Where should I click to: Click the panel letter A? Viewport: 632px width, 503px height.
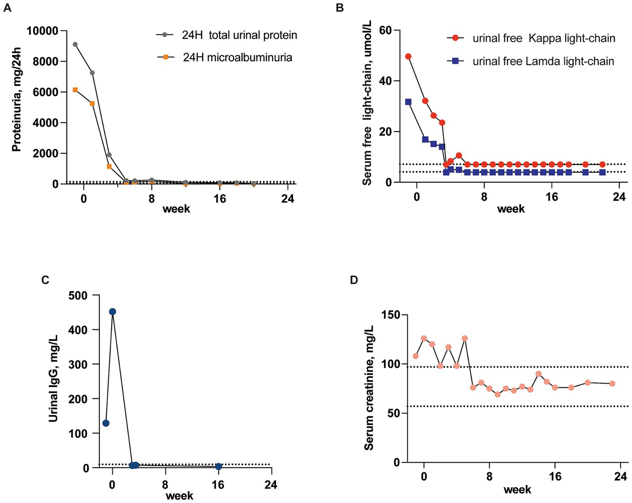tap(7, 8)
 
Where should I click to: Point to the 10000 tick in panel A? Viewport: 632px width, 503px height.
tap(42, 31)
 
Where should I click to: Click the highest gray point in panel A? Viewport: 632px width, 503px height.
tap(75, 44)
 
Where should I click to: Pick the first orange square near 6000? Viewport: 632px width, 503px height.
tap(75, 89)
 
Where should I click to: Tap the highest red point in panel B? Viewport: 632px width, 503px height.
tap(408, 56)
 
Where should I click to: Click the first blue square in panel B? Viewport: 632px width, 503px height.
tap(408, 102)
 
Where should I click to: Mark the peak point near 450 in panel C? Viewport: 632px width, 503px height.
tap(112, 312)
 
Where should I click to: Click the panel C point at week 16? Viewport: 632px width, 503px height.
tap(218, 466)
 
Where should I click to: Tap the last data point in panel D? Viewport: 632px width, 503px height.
tap(612, 383)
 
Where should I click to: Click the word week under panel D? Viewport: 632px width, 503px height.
tap(517, 489)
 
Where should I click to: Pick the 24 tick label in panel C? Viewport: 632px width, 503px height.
tap(271, 484)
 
